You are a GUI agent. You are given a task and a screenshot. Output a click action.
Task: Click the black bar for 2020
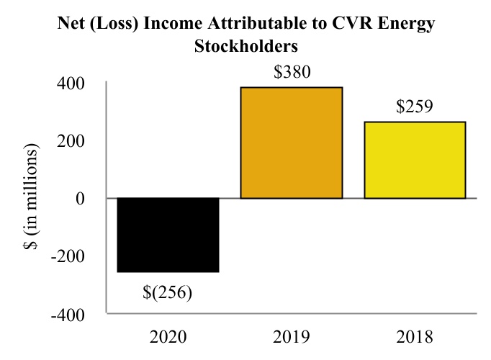click(x=168, y=235)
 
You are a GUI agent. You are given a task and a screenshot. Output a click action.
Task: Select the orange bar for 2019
click(x=292, y=143)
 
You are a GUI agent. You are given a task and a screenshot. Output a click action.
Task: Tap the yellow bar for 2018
click(x=415, y=160)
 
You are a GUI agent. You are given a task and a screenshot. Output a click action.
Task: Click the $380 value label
click(x=292, y=72)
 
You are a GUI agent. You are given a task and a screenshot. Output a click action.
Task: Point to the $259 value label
click(x=415, y=106)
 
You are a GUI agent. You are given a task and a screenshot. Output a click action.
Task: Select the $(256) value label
click(x=167, y=292)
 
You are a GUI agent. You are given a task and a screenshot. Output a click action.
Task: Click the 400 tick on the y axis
click(x=71, y=84)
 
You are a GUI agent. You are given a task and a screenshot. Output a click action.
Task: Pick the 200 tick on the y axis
click(x=71, y=141)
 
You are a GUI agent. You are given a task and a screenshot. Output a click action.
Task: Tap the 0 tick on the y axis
click(x=80, y=199)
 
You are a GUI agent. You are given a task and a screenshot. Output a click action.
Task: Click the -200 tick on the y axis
click(x=68, y=256)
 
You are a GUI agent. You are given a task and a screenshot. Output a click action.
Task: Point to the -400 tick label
click(x=68, y=315)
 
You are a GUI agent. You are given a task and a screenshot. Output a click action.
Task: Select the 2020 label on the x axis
click(x=168, y=337)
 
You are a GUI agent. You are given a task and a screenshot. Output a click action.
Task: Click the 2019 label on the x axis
click(x=292, y=337)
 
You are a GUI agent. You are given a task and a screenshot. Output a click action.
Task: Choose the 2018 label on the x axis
click(x=415, y=337)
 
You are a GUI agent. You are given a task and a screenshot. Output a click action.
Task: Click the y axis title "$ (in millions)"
click(x=31, y=197)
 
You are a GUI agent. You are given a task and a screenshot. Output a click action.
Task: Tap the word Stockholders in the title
click(x=245, y=46)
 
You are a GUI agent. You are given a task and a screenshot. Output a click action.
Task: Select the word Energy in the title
click(x=406, y=24)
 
